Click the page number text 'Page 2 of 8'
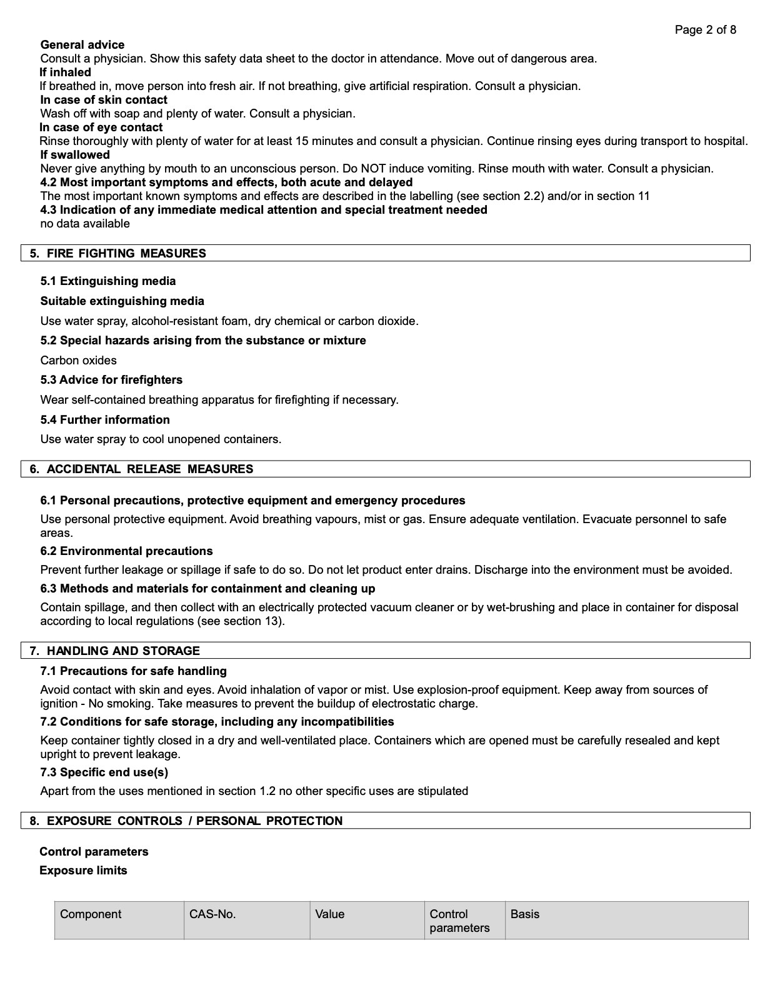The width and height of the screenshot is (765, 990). pos(705,29)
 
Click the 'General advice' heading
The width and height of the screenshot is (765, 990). pos(82,44)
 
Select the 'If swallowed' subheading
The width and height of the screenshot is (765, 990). pos(74,154)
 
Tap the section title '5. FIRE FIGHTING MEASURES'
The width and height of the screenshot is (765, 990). pos(117,253)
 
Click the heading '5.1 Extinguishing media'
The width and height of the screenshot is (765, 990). pos(107,281)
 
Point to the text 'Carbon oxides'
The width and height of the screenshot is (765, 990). pos(78,360)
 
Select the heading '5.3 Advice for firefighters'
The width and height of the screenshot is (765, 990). pos(111,379)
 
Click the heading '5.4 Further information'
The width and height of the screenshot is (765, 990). pos(105,419)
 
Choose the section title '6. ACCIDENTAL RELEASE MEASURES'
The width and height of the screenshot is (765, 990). pos(141,469)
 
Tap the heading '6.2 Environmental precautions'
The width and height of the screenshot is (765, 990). pos(126,551)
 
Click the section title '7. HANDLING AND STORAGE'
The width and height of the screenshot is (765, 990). pos(114,651)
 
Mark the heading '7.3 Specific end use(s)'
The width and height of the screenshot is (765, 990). pos(104,772)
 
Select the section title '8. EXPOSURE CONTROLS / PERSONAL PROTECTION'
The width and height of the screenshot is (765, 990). pos(186,821)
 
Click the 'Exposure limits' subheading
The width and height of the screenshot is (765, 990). pos(83,870)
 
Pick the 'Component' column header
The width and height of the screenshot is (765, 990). pos(91,914)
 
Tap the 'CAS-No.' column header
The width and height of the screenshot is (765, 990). pos(212,914)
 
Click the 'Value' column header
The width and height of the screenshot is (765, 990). pos(329,914)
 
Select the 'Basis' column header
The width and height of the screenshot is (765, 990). pos(524,914)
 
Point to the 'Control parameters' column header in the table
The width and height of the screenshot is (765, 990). pos(459,921)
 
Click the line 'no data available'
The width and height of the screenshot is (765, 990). pos(85,223)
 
